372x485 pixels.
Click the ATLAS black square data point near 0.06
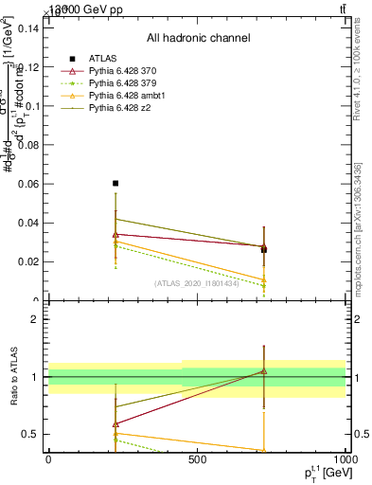pyautogui.click(x=115, y=183)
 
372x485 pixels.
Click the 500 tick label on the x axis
pyautogui.click(x=197, y=460)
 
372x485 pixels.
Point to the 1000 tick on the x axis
pyautogui.click(x=345, y=460)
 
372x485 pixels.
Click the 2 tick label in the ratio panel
pyautogui.click(x=34, y=319)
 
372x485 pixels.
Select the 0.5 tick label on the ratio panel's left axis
pyautogui.click(x=30, y=435)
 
